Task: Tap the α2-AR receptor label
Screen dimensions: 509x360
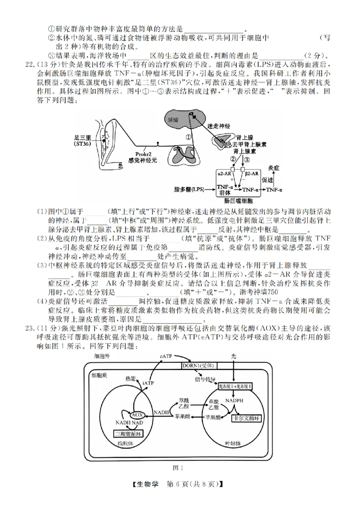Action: point(224,173)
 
